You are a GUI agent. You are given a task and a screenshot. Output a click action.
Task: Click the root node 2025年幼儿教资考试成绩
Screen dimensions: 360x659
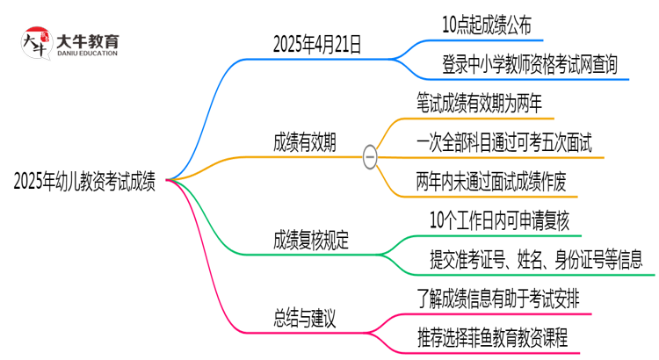[x=85, y=182]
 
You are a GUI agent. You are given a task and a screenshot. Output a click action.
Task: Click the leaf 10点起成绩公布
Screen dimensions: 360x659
[x=487, y=25]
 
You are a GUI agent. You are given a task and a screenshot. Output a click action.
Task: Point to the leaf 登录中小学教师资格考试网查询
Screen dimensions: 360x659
[x=529, y=64]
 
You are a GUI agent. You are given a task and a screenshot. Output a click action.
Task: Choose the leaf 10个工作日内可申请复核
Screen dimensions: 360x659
[x=500, y=220]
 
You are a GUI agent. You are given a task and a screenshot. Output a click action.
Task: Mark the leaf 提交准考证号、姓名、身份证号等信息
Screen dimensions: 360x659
[x=536, y=259]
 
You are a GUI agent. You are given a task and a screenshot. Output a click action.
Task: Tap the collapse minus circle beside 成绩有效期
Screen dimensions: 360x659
[x=370, y=157]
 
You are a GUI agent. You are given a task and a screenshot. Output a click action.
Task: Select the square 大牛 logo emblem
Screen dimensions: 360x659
[x=36, y=45]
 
